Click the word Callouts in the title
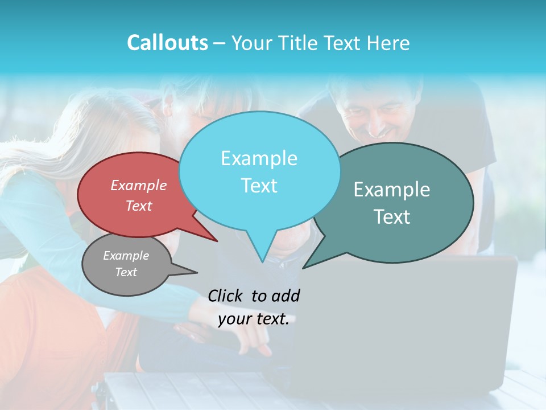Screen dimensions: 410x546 pyautogui.click(x=167, y=43)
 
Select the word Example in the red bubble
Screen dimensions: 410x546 pyautogui.click(x=139, y=185)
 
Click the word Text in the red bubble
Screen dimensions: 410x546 pyautogui.click(x=139, y=206)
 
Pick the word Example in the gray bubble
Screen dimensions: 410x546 pyautogui.click(x=126, y=256)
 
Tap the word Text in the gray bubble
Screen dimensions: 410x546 pyautogui.click(x=126, y=272)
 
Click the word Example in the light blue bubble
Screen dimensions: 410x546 pyautogui.click(x=259, y=158)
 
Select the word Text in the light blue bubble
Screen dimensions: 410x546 pyautogui.click(x=259, y=186)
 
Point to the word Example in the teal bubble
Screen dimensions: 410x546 pyautogui.click(x=392, y=189)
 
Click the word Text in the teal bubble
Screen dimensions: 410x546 pyautogui.click(x=392, y=216)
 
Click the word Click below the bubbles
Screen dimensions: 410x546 pyautogui.click(x=226, y=296)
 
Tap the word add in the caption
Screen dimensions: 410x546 pyautogui.click(x=287, y=296)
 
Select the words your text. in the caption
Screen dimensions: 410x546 pyautogui.click(x=254, y=319)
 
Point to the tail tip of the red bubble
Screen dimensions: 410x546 pyautogui.click(x=217, y=241)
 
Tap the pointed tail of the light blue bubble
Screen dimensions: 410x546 pyautogui.click(x=262, y=261)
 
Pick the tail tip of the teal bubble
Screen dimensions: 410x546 pyautogui.click(x=303, y=268)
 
